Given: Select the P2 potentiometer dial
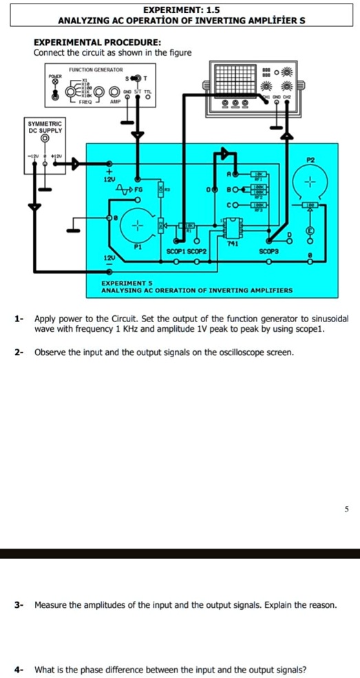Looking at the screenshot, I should point(309,184).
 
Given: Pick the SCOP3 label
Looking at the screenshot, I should point(268,252).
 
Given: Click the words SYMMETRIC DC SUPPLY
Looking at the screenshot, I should point(45,126).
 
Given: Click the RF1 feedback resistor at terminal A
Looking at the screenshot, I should point(259,175).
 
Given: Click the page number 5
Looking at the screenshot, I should point(348,509).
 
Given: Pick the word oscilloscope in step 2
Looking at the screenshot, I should point(231,352).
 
